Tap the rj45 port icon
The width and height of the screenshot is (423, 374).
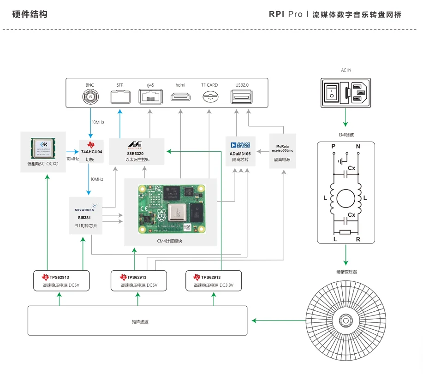point(150,97)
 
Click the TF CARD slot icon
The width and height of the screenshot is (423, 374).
point(209,97)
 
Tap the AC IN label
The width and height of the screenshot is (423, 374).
point(346,70)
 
